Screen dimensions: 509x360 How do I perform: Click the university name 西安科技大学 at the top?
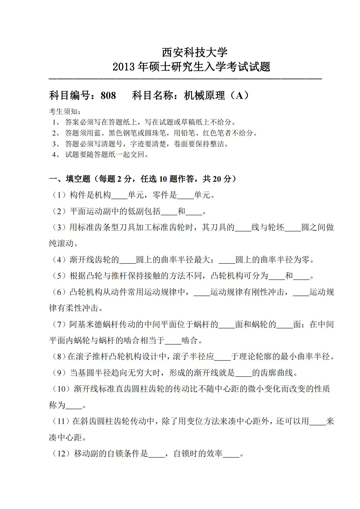coord(194,52)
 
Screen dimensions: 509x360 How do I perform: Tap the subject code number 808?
coord(108,96)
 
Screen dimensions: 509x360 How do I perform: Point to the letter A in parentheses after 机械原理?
coord(239,96)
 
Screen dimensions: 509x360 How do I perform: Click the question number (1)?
coord(59,195)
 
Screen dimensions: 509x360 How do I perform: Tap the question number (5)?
coord(59,276)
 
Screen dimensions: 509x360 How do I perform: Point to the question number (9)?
coord(59,373)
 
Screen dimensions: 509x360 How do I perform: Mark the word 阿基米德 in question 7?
coord(86,325)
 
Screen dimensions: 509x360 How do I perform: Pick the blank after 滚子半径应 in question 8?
coord(222,357)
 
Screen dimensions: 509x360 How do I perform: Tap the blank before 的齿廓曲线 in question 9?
coord(243,373)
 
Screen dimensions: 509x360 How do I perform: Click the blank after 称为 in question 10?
coord(74,405)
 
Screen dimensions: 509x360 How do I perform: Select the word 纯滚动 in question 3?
coord(61,243)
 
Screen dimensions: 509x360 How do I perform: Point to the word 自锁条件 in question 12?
coord(124,454)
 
